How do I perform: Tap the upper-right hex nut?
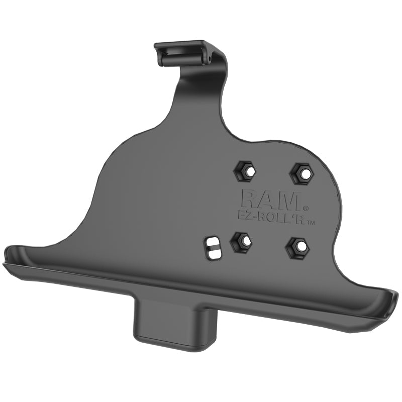click(x=301, y=173)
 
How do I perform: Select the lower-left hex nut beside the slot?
click(x=242, y=242)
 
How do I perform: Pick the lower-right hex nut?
click(x=297, y=246)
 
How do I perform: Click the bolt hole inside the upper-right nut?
click(x=301, y=173)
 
